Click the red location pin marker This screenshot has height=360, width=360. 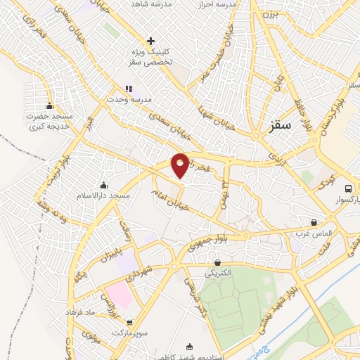[x=180, y=165]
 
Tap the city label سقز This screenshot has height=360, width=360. [x=281, y=127]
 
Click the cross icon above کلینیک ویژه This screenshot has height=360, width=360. [x=151, y=41]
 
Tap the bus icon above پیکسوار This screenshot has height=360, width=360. [x=348, y=188]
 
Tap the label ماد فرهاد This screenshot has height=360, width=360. [x=79, y=310]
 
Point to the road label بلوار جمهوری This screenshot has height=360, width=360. [x=204, y=245]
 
